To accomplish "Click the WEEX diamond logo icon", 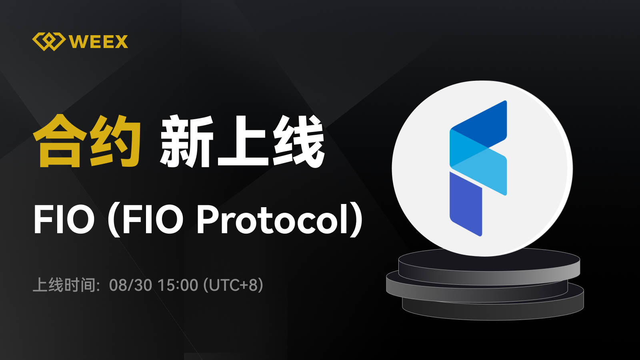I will (x=48, y=42).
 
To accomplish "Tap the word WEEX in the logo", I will (x=98, y=42).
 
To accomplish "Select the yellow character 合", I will (x=58, y=141).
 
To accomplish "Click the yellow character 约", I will (x=115, y=141).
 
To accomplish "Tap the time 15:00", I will (x=178, y=285).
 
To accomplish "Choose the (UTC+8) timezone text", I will (x=233, y=285).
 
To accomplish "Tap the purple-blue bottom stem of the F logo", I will (x=466, y=204).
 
